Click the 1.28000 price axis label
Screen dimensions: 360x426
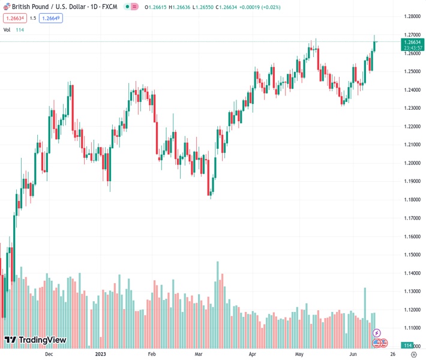[412, 16]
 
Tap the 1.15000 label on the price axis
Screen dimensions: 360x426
[412, 255]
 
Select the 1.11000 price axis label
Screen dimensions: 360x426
[412, 328]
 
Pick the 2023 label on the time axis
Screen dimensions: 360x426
[101, 354]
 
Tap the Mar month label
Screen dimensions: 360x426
[199, 354]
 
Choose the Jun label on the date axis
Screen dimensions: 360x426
[353, 354]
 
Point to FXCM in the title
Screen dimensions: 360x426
[110, 6]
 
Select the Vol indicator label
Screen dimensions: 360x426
[7, 29]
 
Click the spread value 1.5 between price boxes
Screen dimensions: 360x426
[32, 18]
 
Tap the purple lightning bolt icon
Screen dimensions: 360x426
[377, 332]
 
